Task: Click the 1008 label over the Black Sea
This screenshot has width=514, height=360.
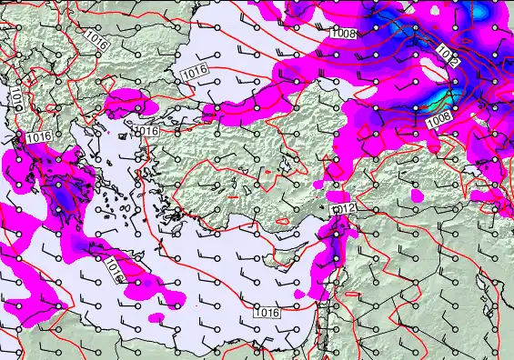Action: [x=342, y=35]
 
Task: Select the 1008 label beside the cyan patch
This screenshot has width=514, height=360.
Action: [x=438, y=117]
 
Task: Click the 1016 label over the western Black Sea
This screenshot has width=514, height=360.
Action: [x=193, y=72]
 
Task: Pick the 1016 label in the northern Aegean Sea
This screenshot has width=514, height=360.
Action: [x=147, y=132]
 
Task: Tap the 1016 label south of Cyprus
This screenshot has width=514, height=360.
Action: [x=267, y=313]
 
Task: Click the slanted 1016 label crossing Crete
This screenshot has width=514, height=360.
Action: [x=115, y=268]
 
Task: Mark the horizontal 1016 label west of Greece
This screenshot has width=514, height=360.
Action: [x=37, y=136]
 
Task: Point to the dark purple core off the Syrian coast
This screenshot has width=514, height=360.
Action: [x=336, y=238]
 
